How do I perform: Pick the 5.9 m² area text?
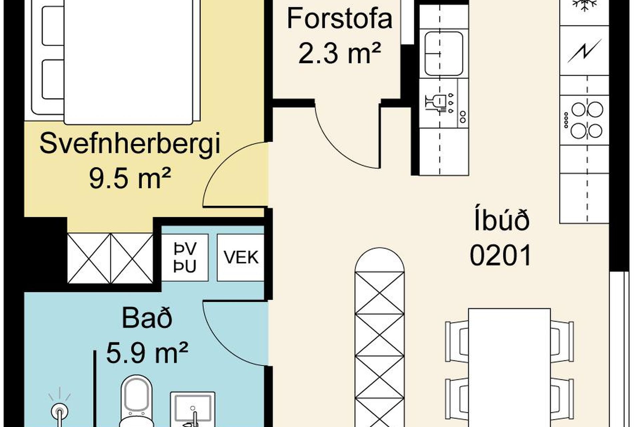click(147, 353)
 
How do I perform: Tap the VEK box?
click(241, 257)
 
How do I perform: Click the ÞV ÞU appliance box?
click(185, 257)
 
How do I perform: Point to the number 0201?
click(501, 255)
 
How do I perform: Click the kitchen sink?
click(444, 53)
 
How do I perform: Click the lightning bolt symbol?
click(585, 51)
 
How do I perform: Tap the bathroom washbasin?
click(193, 410)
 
